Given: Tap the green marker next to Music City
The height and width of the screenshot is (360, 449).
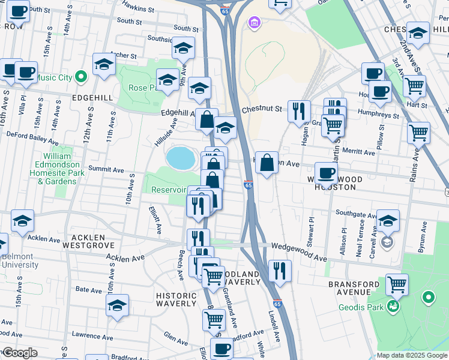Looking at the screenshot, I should [83, 77].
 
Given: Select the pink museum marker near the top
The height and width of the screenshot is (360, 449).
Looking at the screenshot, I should [254, 23].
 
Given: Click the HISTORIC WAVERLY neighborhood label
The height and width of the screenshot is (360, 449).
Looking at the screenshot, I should [176, 300].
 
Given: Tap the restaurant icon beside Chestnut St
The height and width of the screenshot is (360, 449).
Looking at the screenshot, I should [298, 110].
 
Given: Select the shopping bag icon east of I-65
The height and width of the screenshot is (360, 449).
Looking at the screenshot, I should [267, 161].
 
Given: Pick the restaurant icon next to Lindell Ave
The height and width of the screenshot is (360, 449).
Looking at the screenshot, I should [280, 270].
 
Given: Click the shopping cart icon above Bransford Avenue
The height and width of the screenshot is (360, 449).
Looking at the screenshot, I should [397, 284].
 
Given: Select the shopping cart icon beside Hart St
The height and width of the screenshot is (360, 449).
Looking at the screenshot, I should [414, 86].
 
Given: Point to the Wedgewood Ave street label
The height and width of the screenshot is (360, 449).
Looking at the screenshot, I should [298, 251].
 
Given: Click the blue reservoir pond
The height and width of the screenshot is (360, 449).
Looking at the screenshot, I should [181, 158].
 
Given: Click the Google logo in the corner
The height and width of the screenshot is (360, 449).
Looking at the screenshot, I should [20, 353].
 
